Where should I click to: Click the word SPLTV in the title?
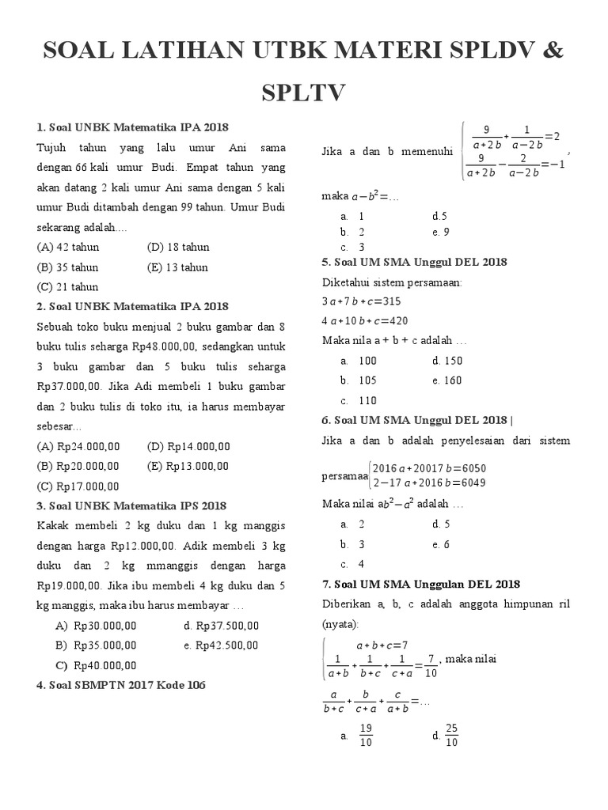[304, 93]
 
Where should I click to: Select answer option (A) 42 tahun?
[68, 247]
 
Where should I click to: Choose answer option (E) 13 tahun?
[177, 267]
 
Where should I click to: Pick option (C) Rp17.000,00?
[78, 486]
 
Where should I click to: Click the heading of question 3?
[131, 506]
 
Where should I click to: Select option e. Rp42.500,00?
[221, 645]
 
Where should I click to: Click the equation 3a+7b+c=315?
[362, 301]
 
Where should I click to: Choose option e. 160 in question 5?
[447, 380]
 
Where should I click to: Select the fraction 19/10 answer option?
[366, 736]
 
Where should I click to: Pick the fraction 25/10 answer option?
[451, 736]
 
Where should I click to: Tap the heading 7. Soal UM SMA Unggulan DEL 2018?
[420, 585]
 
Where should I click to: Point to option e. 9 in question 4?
[441, 232]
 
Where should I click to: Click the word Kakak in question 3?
[53, 526]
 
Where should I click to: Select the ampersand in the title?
[553, 51]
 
